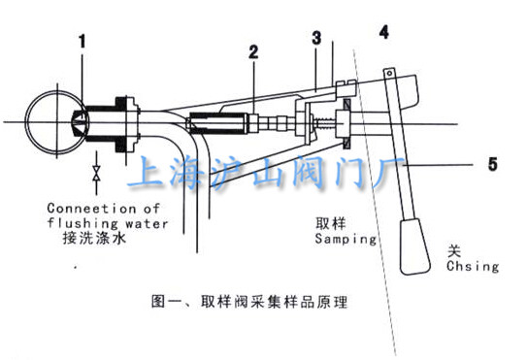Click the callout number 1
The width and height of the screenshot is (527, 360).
[x=83, y=43]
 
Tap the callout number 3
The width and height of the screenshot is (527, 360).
[x=316, y=38]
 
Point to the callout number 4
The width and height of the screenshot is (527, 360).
[x=384, y=33]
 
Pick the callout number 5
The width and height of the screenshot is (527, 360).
[x=491, y=166]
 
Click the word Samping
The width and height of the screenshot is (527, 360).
[x=346, y=236]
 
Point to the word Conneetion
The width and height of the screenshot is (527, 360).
[x=89, y=207]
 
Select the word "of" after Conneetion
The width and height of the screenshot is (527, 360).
[x=149, y=207]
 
